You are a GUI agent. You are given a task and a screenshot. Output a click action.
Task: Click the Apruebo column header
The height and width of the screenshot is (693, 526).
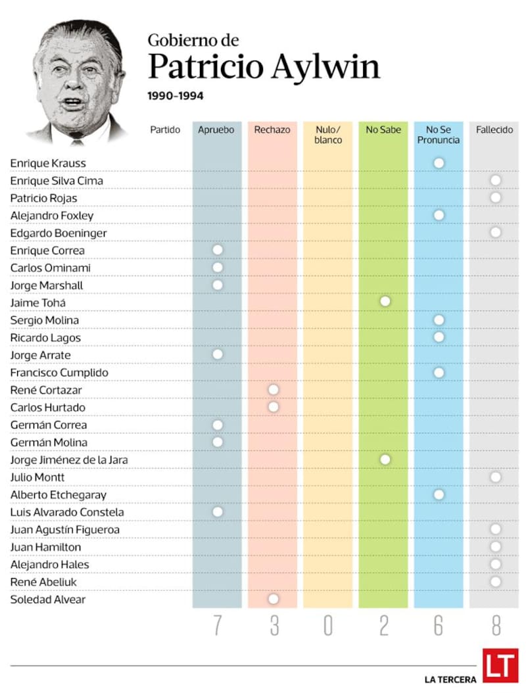(x=216, y=130)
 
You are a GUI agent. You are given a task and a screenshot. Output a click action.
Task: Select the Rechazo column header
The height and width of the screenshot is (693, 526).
(x=272, y=130)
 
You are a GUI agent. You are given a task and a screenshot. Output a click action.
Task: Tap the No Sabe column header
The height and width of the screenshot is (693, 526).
(x=383, y=130)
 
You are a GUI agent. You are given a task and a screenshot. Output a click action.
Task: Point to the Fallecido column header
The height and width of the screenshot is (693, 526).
(x=494, y=130)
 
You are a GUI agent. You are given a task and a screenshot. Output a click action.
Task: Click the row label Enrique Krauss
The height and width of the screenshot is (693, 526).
(x=48, y=163)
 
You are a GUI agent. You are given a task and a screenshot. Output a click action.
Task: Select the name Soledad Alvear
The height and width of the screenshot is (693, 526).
(x=48, y=600)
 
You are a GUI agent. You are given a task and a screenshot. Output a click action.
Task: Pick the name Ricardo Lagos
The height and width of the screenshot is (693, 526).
(x=45, y=338)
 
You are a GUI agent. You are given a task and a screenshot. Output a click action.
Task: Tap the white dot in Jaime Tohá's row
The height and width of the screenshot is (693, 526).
(x=385, y=301)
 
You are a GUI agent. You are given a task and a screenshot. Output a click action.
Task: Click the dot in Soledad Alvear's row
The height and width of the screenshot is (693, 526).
(x=274, y=599)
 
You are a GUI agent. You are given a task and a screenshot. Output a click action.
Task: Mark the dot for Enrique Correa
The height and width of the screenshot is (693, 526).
(x=218, y=250)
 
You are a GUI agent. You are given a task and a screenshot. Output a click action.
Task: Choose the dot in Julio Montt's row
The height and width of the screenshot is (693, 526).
(x=496, y=477)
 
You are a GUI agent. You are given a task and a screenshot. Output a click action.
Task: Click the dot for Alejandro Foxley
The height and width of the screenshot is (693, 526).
(x=439, y=215)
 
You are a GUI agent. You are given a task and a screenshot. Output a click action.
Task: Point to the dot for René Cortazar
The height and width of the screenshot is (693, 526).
(x=274, y=390)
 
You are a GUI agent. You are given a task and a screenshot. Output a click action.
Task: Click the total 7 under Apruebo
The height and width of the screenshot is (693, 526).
(x=218, y=626)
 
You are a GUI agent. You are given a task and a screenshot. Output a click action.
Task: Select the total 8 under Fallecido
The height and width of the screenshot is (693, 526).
(x=495, y=626)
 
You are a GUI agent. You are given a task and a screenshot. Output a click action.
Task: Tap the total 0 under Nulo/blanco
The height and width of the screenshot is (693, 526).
(x=327, y=626)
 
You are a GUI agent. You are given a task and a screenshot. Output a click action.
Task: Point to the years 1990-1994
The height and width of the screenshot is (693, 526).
(x=176, y=96)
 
